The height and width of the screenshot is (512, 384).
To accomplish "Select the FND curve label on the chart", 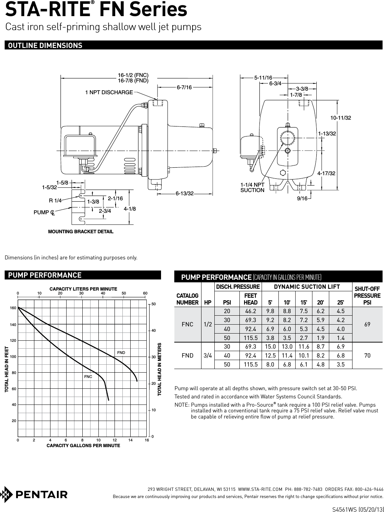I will [121, 353].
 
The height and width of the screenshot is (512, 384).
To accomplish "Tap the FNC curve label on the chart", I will [88, 377].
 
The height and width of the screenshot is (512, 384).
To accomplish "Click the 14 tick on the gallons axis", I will [131, 440].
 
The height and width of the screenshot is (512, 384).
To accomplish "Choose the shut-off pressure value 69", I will [367, 324].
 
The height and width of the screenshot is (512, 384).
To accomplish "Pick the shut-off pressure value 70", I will [367, 356].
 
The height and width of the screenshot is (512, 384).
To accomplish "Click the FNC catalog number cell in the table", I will [188, 324].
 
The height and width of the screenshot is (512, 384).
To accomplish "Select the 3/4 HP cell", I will [207, 356].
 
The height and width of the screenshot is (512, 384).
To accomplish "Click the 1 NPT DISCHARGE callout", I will [109, 92].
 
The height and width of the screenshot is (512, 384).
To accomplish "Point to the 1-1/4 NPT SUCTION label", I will [252, 187].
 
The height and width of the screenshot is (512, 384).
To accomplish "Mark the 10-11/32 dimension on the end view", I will [340, 118].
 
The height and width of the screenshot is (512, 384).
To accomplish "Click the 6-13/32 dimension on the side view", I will [184, 193].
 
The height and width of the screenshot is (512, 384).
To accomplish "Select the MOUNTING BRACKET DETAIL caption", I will [81, 231].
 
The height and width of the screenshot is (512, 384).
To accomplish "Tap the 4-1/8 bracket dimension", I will [130, 209].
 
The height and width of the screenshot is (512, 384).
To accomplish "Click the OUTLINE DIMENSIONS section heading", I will [45, 46].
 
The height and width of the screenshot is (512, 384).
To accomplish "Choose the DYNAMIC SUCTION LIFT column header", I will [307, 286].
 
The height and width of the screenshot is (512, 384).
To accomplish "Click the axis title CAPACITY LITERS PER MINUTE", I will [83, 289].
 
